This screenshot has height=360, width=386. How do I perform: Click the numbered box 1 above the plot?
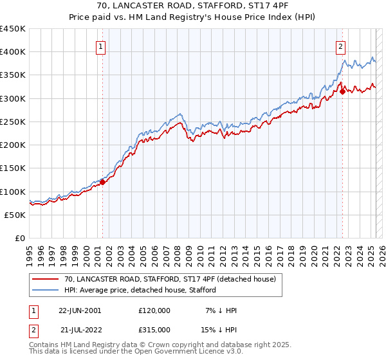coord(102,46)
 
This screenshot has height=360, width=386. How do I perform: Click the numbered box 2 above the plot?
coord(340,46)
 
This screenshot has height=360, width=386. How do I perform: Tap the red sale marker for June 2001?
coord(102,182)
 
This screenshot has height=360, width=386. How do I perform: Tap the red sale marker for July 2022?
coord(342,91)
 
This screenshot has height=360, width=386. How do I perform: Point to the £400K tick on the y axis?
coord(12,52)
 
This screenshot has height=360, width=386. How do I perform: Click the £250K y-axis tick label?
coord(12,122)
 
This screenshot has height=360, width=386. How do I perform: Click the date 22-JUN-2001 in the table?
coord(80,310)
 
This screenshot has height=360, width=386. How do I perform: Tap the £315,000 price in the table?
coord(154,329)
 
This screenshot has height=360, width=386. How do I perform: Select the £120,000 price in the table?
coord(154,310)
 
